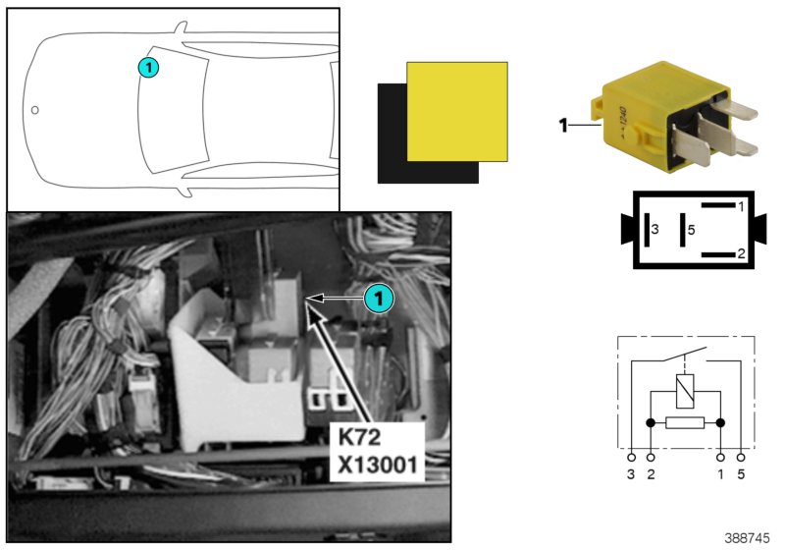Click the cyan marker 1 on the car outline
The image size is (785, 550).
coord(148,68)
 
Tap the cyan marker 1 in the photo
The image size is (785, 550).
coord(379,299)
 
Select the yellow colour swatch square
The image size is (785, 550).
coord(457,112)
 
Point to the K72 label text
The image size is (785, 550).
coord(359,437)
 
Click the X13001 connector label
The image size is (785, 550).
coord(378,466)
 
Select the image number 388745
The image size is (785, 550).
coord(747,538)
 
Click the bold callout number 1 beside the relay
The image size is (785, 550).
coord(563,126)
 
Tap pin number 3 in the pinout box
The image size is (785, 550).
coord(654,230)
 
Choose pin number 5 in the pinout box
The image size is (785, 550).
coord(692,230)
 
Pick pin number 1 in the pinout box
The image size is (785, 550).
coord(741,206)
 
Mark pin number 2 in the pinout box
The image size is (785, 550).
coord(741,253)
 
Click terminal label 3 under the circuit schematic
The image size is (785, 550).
coord(631,473)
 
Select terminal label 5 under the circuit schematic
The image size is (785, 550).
coord(741,473)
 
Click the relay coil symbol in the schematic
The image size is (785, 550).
coord(685,391)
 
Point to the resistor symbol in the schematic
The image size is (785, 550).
coord(685,422)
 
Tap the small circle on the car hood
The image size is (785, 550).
coord(34,110)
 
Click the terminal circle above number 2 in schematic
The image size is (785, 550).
coord(651,458)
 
